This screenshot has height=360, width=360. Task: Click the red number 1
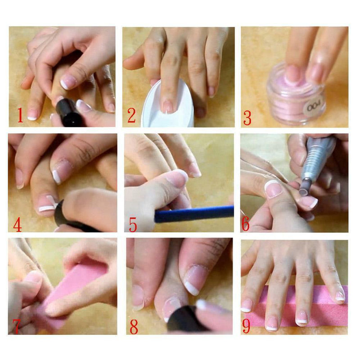pyautogui.click(x=20, y=115)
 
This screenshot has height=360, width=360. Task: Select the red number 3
pyautogui.click(x=247, y=118)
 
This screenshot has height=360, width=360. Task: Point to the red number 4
pyautogui.click(x=18, y=225)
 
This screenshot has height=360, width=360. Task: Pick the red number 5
pyautogui.click(x=133, y=225)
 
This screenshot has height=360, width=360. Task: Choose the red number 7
pyautogui.click(x=16, y=326)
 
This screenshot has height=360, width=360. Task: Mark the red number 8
pyautogui.click(x=134, y=326)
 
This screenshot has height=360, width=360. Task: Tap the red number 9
pyautogui.click(x=246, y=325)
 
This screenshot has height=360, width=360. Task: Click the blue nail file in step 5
pyautogui.click(x=194, y=214)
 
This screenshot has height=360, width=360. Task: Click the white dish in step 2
pyautogui.click(x=168, y=106)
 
